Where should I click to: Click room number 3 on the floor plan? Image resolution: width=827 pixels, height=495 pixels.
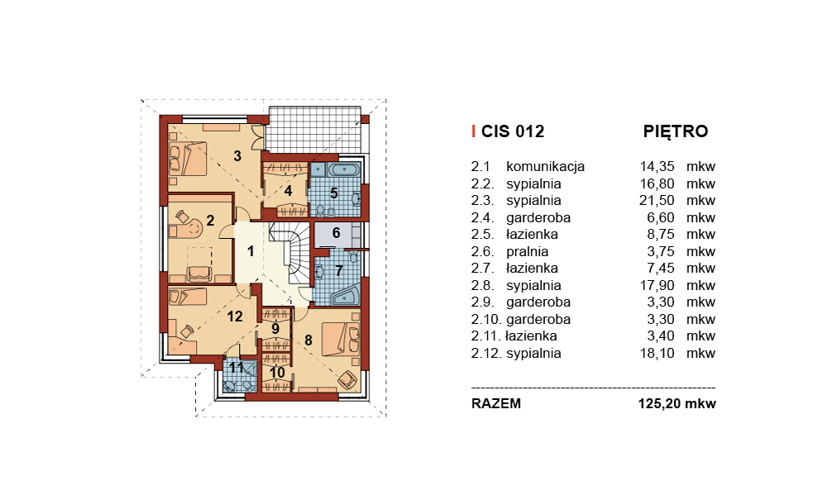click(237, 156)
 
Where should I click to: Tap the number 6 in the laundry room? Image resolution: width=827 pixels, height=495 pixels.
click(336, 233)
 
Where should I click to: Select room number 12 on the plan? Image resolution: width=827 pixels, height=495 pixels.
click(235, 317)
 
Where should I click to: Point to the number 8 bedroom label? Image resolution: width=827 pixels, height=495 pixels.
click(308, 340)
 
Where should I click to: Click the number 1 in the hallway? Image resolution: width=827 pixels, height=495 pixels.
click(251, 251)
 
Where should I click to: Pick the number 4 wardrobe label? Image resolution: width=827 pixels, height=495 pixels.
click(288, 191)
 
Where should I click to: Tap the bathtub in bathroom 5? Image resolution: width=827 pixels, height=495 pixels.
click(344, 169)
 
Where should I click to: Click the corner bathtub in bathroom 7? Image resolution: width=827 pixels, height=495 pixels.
click(346, 294)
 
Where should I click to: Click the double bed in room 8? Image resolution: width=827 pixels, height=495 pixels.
click(342, 340)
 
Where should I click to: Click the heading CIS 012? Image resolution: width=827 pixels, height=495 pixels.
click(513, 131)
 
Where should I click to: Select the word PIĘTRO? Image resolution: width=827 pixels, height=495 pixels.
click(676, 131)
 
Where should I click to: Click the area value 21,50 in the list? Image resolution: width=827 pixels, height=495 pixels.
click(657, 200)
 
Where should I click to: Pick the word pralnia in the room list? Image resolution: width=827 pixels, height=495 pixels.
click(528, 251)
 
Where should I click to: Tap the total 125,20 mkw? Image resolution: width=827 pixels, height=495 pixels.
click(677, 404)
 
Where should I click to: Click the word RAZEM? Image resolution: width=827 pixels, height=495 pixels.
click(495, 404)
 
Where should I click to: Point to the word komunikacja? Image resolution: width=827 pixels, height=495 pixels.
click(545, 167)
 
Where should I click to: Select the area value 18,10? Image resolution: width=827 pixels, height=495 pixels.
click(657, 353)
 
